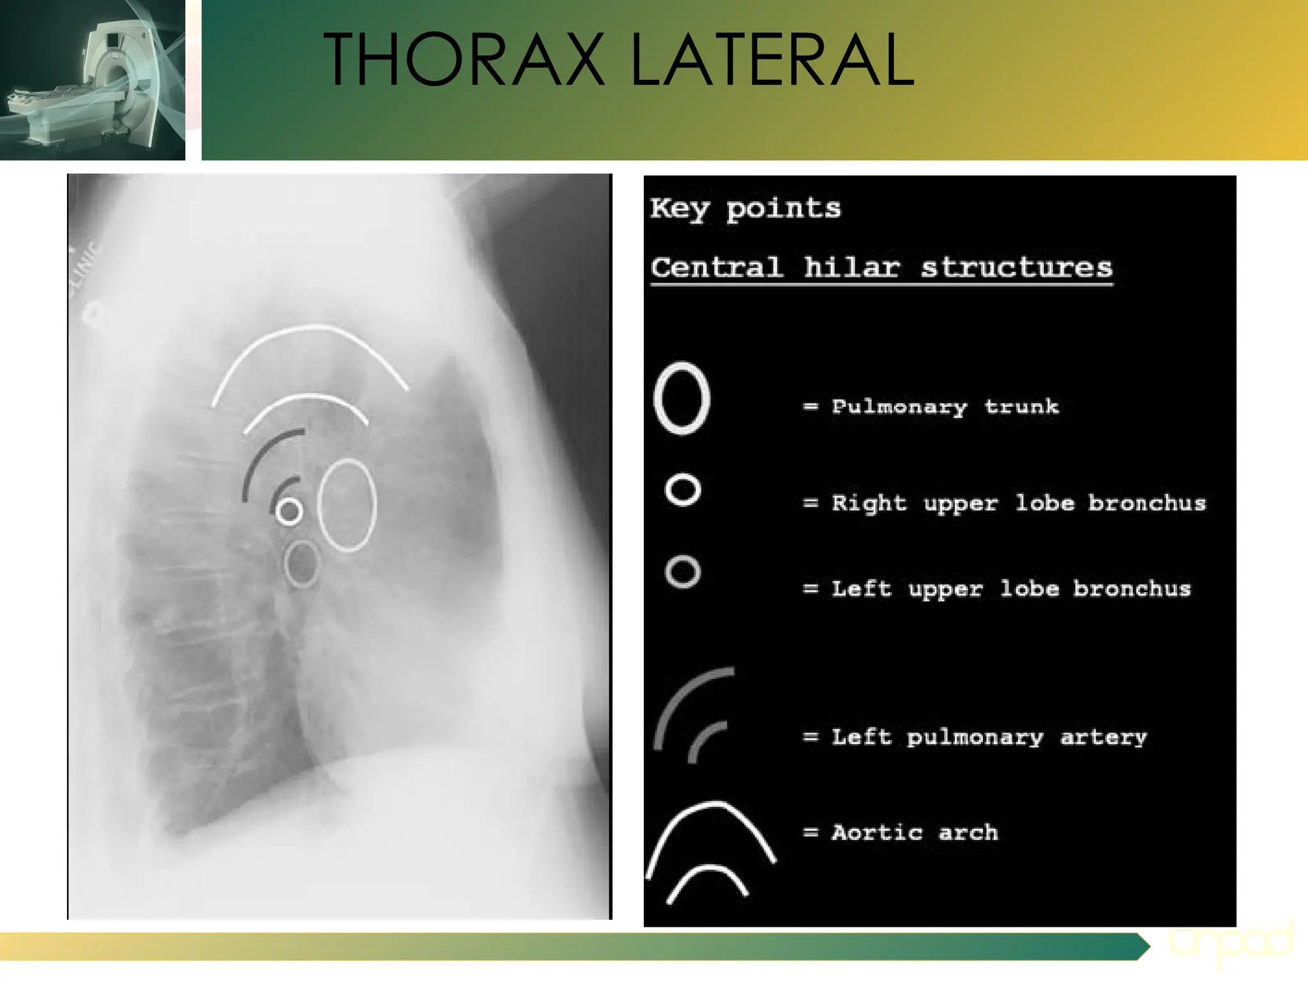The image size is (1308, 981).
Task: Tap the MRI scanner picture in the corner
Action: (93, 80)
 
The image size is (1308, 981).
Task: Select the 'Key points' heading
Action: (745, 209)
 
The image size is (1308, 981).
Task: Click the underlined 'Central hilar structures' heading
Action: (881, 268)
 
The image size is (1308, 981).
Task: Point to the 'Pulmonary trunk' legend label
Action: (945, 407)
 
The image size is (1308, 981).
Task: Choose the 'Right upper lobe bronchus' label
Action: (1018, 503)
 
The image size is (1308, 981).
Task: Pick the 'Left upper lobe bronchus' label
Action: (1010, 588)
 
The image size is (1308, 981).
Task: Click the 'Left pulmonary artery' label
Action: (989, 737)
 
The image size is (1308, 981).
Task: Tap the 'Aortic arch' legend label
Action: (915, 833)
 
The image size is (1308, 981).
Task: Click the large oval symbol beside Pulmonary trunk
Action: (682, 399)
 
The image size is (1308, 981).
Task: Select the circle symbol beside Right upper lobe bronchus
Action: (683, 490)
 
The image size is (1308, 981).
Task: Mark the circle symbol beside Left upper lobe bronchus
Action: (683, 572)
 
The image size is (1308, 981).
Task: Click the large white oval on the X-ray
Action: (347, 505)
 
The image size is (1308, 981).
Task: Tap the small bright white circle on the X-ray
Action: (289, 511)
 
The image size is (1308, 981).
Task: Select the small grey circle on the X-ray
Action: (301, 563)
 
